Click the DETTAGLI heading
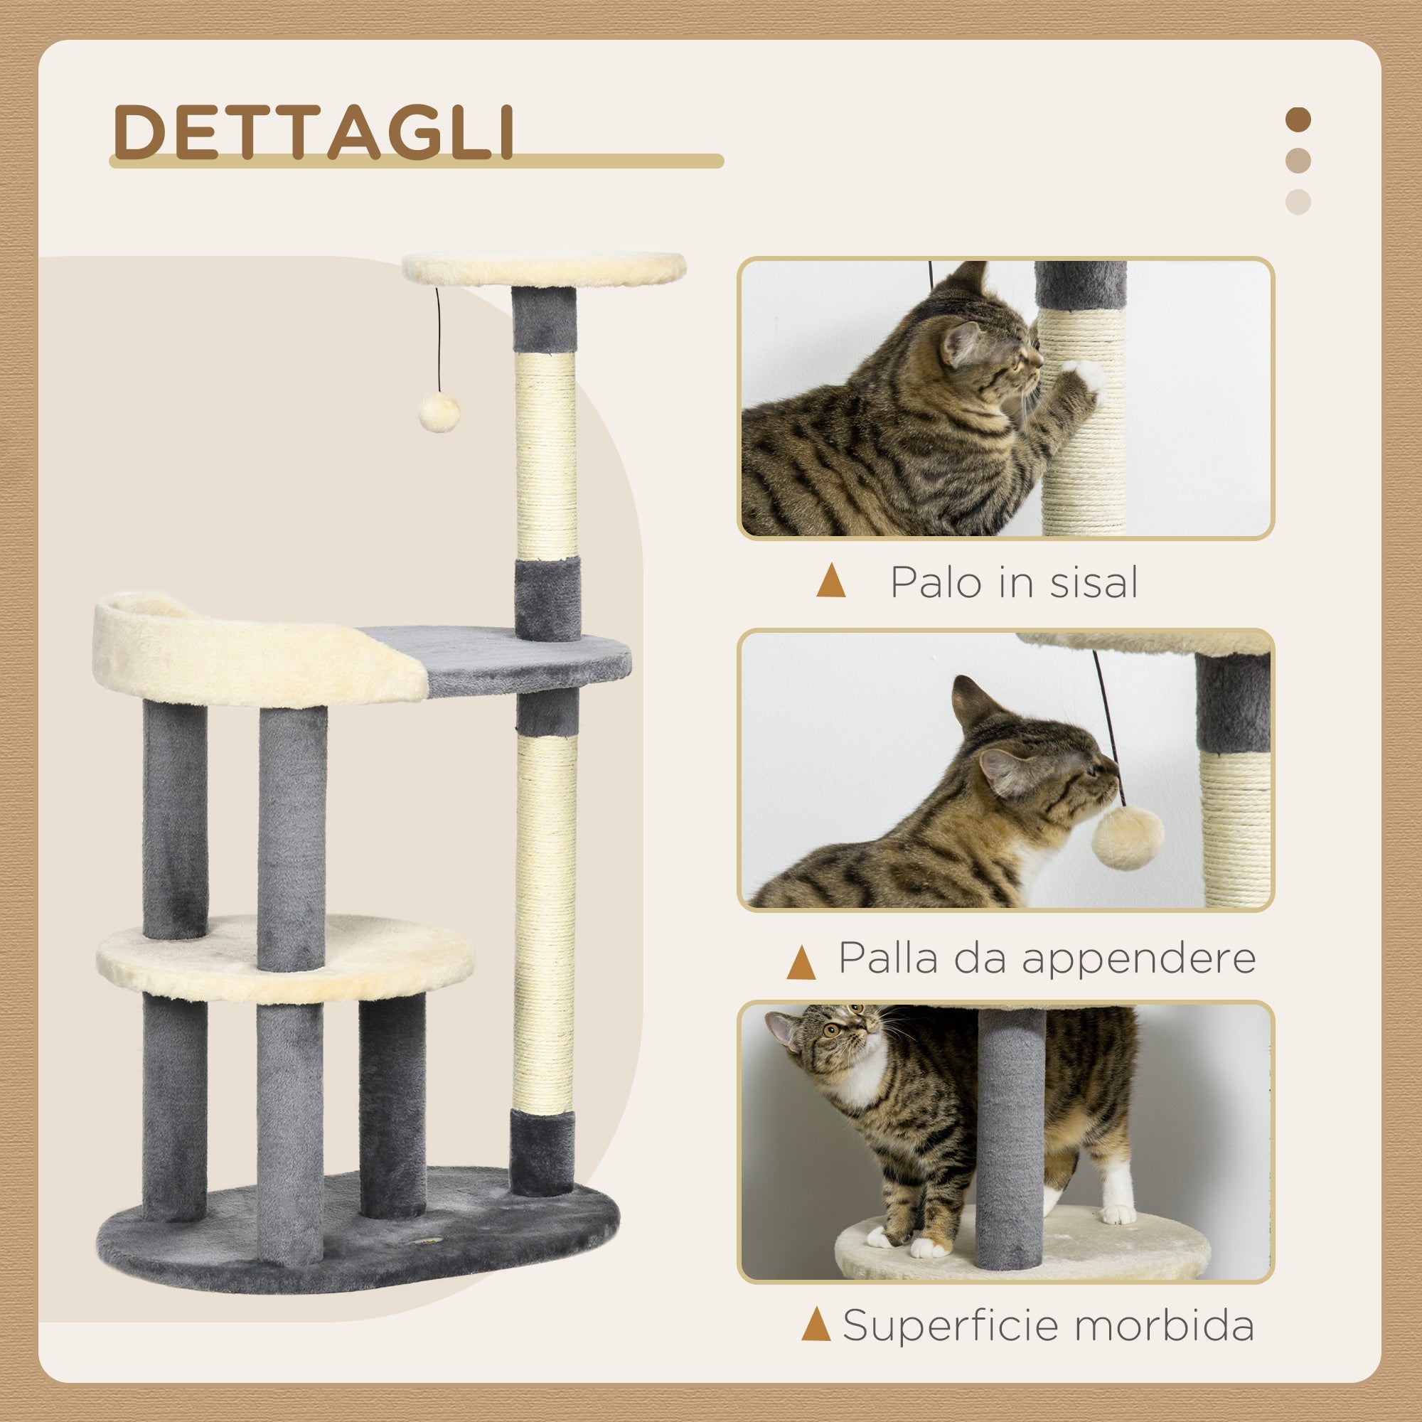[313, 132]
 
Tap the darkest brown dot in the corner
[1298, 119]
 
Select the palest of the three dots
[1298, 202]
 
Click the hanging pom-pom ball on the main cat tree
[439, 412]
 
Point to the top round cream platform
[544, 269]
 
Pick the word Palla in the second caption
[886, 958]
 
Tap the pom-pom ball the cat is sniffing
[1127, 837]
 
